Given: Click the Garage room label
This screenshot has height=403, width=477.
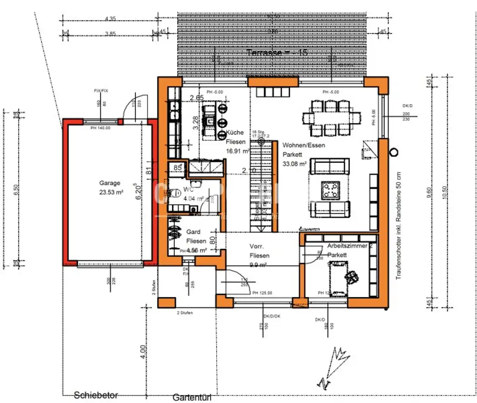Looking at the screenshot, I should (x=109, y=183).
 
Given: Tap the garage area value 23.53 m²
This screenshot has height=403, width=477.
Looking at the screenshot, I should (x=111, y=192).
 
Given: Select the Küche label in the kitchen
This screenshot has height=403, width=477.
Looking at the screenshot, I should (x=234, y=132).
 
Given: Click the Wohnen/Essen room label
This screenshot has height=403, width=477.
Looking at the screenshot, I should (x=304, y=145).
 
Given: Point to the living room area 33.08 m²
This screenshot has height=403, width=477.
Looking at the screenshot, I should (x=294, y=164).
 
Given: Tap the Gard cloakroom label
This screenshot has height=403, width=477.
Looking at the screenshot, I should (x=193, y=232).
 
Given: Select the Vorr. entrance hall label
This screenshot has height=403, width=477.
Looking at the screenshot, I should (x=257, y=246).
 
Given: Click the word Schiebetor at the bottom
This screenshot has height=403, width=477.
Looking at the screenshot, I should (x=96, y=395).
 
